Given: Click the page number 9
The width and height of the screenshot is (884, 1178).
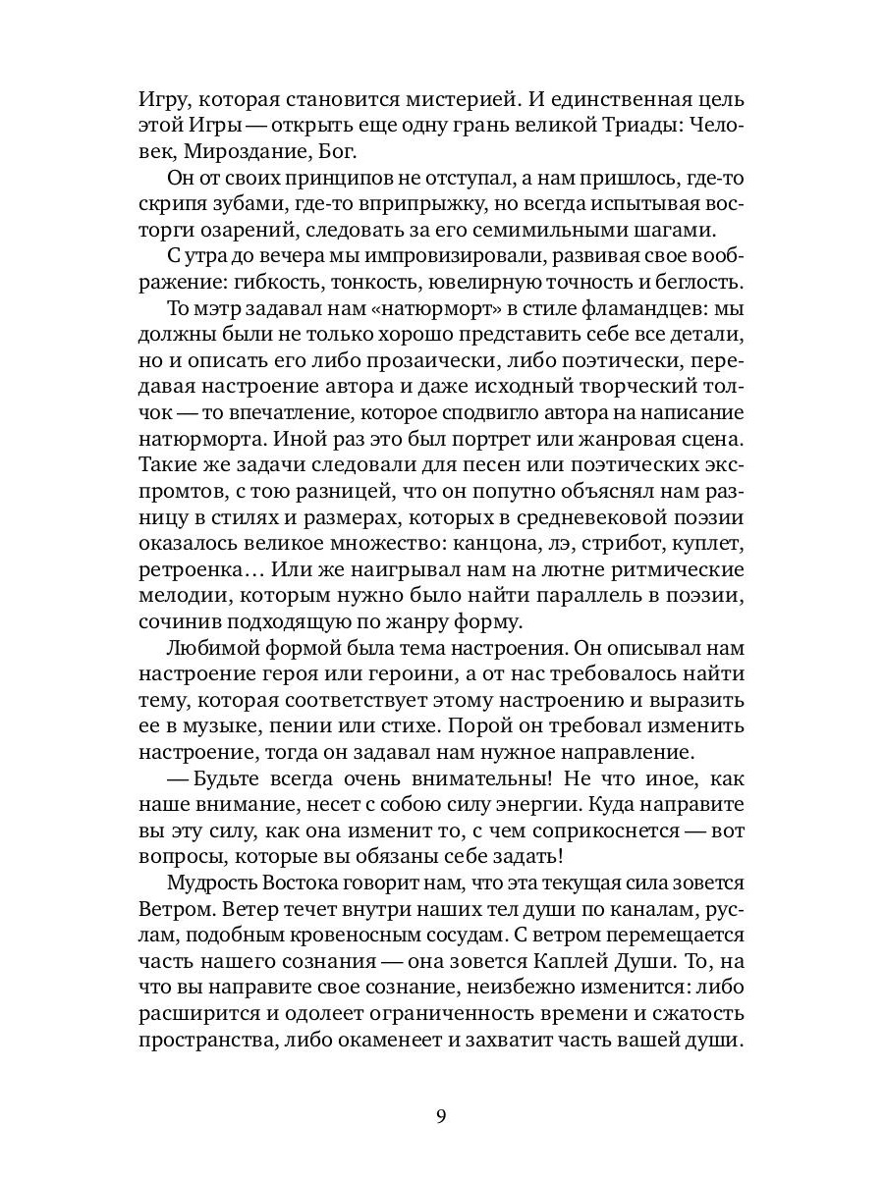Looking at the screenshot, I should [x=441, y=1116].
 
